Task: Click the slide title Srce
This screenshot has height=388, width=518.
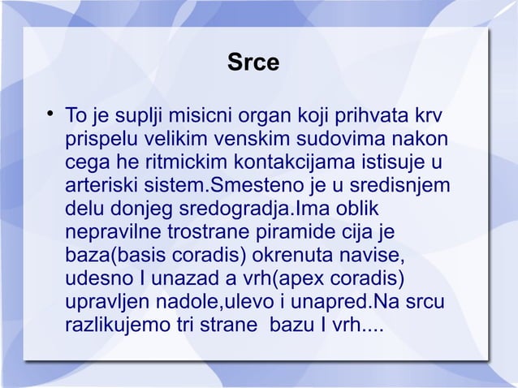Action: (x=252, y=62)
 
